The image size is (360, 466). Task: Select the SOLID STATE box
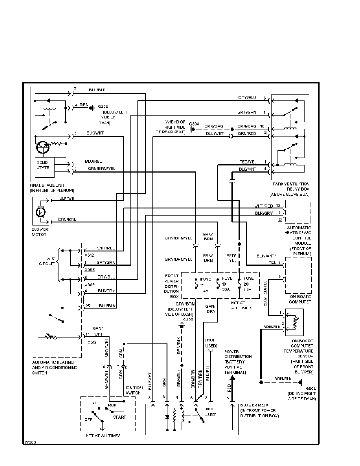tap(43, 165)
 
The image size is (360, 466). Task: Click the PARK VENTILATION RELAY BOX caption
tap(290, 189)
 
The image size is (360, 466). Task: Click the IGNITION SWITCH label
tap(134, 390)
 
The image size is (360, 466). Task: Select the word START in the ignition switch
tap(120, 417)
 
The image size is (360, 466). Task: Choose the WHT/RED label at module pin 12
tap(263, 206)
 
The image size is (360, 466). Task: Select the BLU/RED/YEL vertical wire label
tap(265, 293)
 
